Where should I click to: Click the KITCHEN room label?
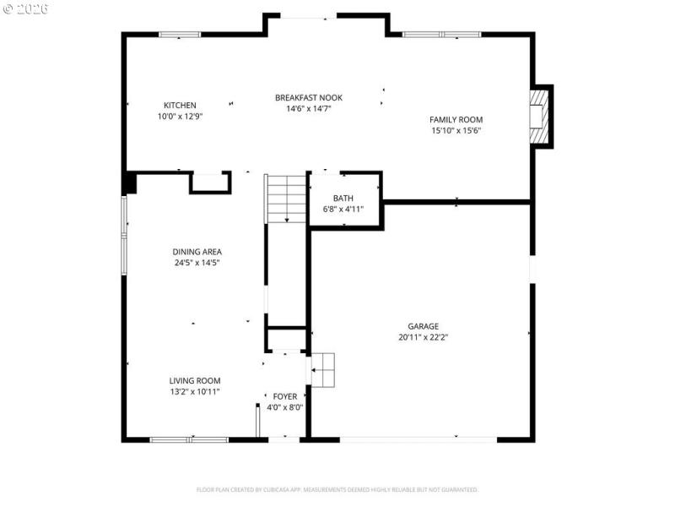[180, 106]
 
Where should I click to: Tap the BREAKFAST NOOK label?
[308, 98]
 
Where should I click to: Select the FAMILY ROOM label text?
[456, 120]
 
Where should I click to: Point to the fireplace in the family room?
[537, 116]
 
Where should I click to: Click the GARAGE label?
[423, 326]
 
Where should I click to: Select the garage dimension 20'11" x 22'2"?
[423, 337]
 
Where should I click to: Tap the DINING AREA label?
[197, 252]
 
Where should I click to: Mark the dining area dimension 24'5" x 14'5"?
[197, 263]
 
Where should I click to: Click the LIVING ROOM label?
[195, 381]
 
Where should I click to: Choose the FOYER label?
[284, 396]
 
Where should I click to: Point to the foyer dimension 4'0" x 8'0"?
[284, 407]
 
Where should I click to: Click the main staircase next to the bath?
[286, 199]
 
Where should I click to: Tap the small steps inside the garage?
[323, 369]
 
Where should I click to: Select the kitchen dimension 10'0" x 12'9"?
[180, 117]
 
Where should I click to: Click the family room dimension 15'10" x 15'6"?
[456, 131]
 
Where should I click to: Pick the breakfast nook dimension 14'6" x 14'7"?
[308, 109]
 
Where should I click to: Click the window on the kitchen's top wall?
[180, 35]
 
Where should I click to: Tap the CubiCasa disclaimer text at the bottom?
[337, 489]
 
